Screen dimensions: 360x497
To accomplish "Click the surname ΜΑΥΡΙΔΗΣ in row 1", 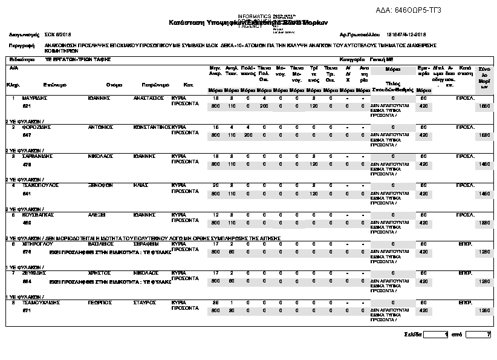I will pyautogui.click(x=35, y=97).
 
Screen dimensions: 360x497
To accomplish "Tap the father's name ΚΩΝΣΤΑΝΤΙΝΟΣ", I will pyautogui.click(x=152, y=127).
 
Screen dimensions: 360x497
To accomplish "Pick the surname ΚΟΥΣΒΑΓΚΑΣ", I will pyautogui.click(x=38, y=214).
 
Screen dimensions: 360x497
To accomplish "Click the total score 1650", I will pyautogui.click(x=484, y=106).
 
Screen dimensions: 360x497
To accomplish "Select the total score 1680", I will pyautogui.click(x=484, y=135).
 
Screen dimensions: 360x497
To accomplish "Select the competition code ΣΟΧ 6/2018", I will pyautogui.click(x=59, y=34).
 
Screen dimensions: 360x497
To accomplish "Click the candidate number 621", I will pyautogui.click(x=27, y=106).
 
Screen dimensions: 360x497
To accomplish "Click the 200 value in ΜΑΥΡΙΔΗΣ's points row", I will pyautogui.click(x=264, y=106).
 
